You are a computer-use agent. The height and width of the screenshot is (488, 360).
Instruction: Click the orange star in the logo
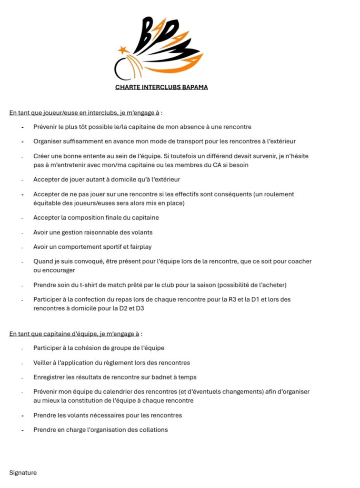(123, 50)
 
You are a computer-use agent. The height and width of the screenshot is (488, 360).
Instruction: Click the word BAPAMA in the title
(192, 87)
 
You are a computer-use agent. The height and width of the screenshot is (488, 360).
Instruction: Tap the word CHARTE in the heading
(126, 87)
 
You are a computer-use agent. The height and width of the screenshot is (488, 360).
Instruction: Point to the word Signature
(23, 473)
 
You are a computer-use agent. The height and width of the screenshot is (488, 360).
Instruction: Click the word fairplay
(139, 247)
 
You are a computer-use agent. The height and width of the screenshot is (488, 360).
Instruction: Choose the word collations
(152, 429)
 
